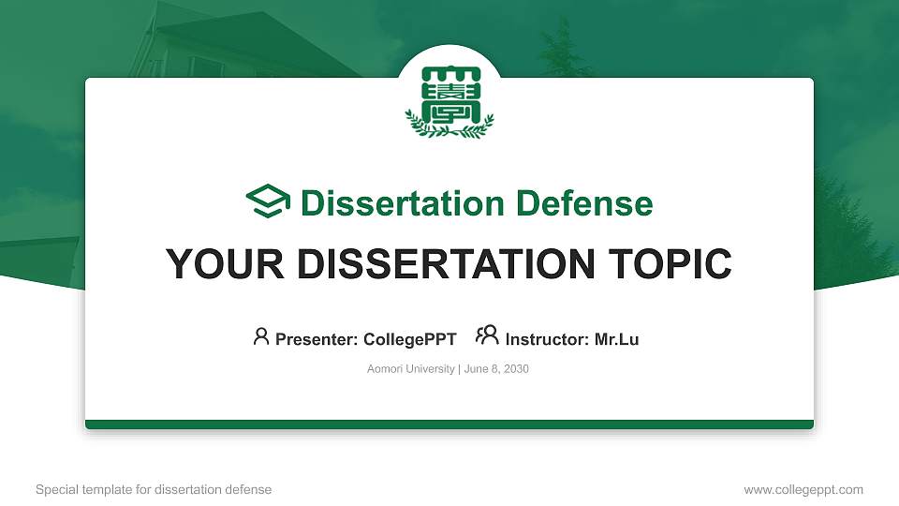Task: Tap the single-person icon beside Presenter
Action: click(261, 336)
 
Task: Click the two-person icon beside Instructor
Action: click(487, 336)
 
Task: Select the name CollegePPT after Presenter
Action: click(409, 339)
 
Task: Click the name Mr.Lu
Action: click(616, 339)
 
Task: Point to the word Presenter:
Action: click(317, 339)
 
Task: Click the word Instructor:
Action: click(548, 339)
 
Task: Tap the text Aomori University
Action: click(411, 369)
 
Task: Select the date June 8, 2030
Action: click(496, 369)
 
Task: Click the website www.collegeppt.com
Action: click(803, 489)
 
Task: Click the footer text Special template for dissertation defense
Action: click(154, 489)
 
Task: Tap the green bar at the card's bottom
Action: click(449, 424)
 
